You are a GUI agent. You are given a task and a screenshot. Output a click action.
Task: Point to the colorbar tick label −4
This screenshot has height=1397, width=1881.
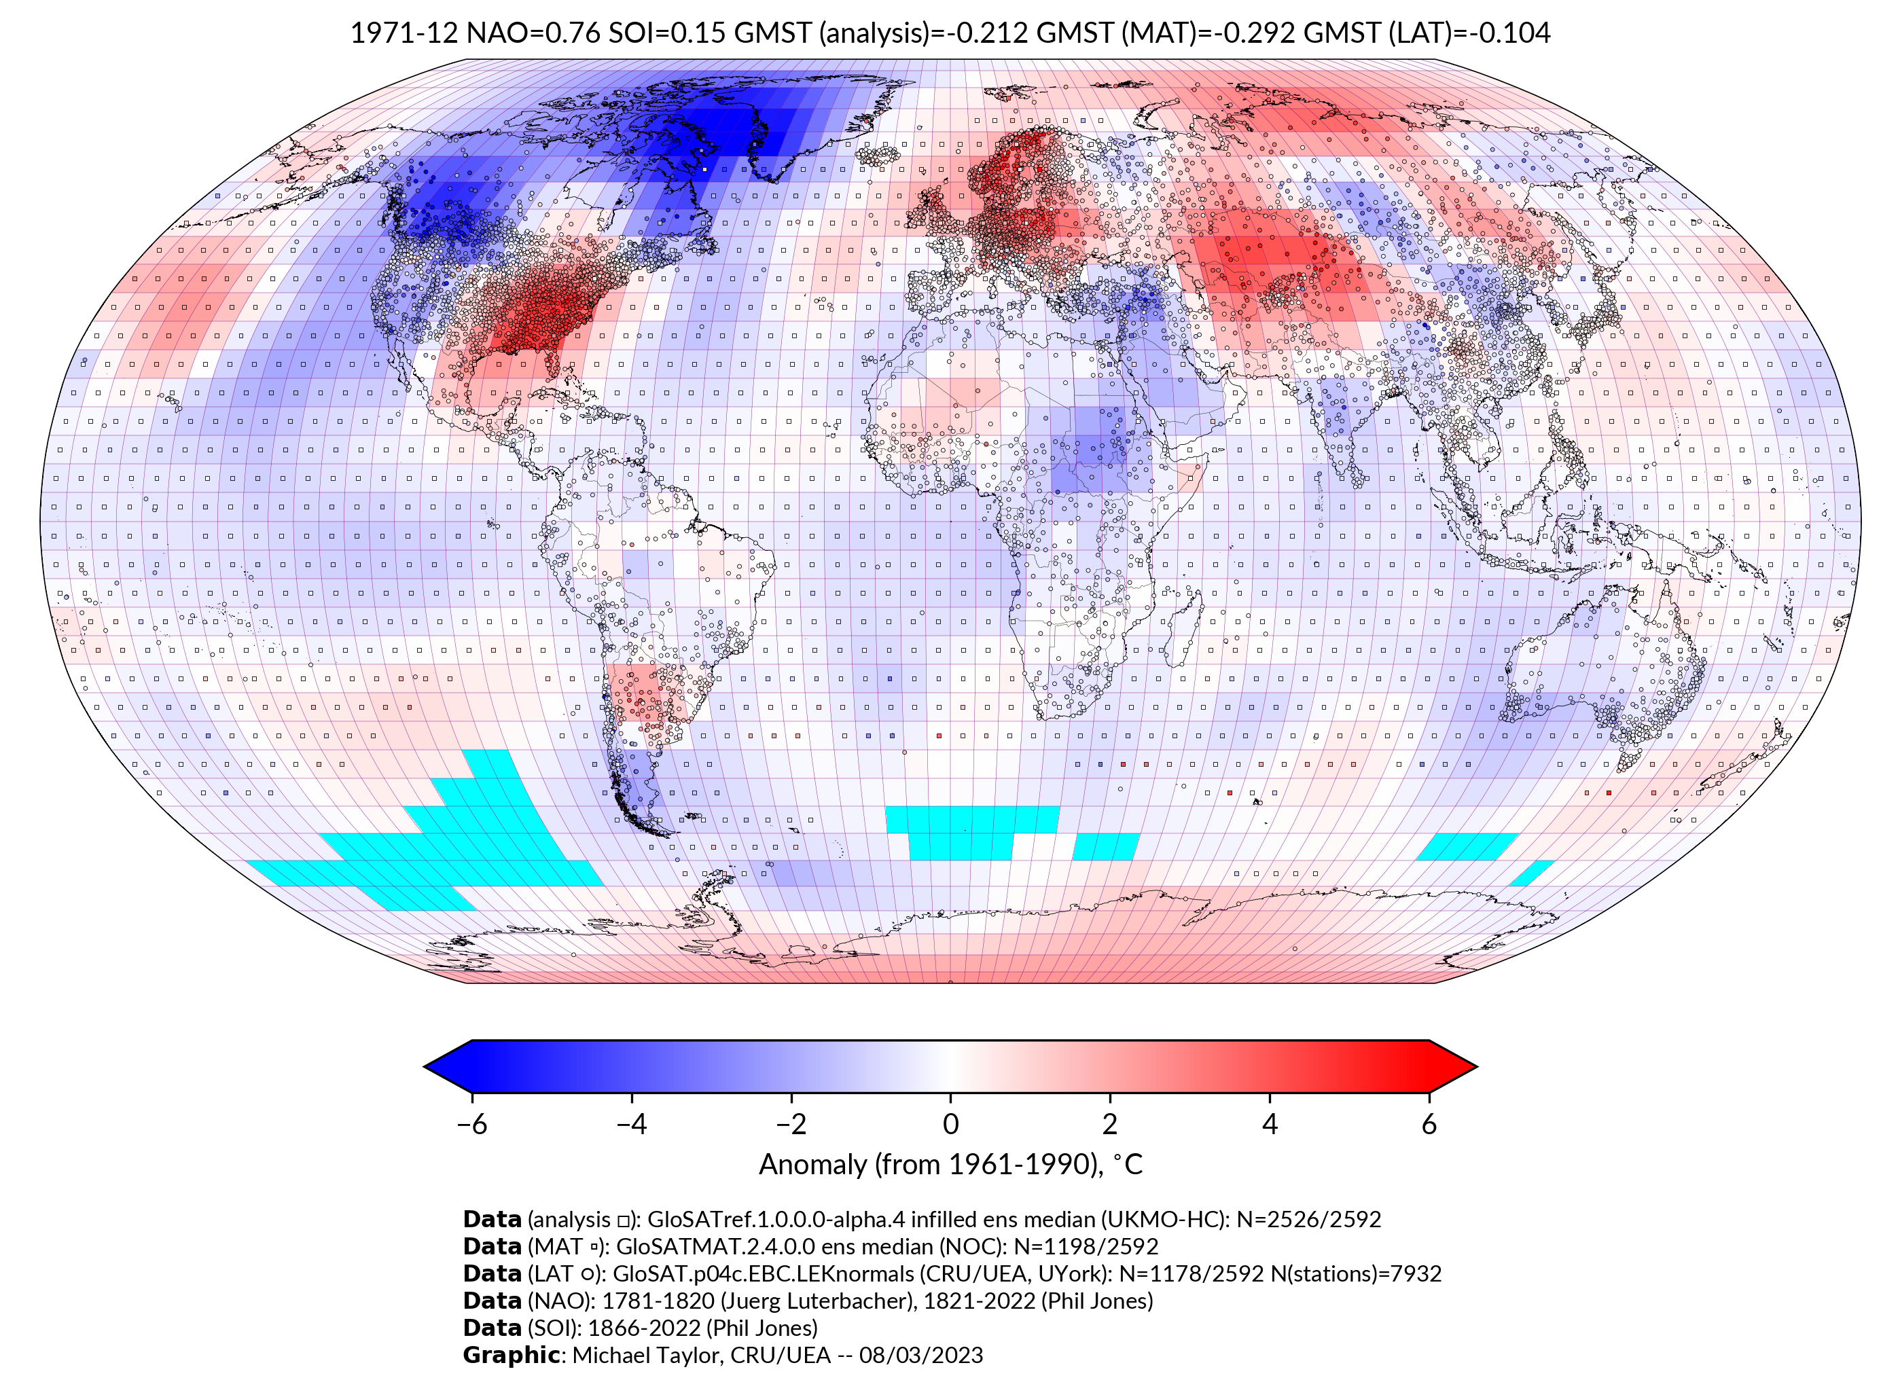(x=631, y=1124)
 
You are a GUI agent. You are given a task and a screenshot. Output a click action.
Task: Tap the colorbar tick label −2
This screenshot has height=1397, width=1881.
(x=791, y=1124)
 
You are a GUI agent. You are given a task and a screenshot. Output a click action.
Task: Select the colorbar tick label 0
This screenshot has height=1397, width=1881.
(x=950, y=1124)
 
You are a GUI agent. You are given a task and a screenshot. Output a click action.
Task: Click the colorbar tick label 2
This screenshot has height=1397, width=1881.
(x=1110, y=1124)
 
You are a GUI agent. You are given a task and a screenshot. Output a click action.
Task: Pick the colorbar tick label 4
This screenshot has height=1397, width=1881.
(x=1270, y=1124)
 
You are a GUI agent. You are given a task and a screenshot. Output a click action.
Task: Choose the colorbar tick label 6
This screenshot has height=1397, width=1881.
(x=1429, y=1124)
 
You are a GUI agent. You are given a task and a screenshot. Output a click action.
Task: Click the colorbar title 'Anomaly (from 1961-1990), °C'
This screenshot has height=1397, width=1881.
(x=950, y=1165)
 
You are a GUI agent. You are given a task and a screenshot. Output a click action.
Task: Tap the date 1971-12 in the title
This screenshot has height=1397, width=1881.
(x=404, y=33)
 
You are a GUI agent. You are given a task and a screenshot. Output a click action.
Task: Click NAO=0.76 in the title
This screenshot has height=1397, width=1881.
(x=534, y=33)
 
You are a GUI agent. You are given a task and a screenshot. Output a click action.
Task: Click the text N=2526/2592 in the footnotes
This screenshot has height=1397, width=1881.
(x=1308, y=1220)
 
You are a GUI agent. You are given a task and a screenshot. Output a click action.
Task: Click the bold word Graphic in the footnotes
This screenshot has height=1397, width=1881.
(x=511, y=1355)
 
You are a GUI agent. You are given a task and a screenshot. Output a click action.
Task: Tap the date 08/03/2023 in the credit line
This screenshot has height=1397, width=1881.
(x=920, y=1355)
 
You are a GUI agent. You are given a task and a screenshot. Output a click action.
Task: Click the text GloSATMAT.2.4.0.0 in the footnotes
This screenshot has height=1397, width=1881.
(x=715, y=1246)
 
